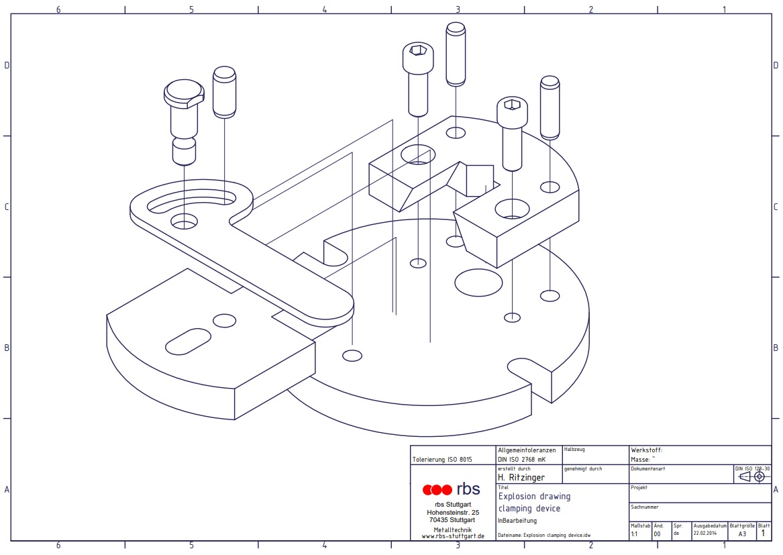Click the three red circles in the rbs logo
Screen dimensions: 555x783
click(437, 489)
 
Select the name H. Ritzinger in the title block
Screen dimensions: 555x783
click(521, 478)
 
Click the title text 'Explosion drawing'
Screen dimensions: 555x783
click(534, 497)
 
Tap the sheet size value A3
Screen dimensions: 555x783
click(742, 534)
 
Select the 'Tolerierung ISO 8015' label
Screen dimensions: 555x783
click(442, 460)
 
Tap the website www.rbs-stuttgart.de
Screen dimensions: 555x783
click(453, 536)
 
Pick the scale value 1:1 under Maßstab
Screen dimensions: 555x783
click(634, 534)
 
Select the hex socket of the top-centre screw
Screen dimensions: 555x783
click(417, 51)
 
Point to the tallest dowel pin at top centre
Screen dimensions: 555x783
click(456, 54)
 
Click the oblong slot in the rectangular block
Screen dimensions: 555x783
click(189, 341)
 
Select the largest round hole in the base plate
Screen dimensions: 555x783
click(478, 282)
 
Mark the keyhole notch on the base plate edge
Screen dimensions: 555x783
click(527, 368)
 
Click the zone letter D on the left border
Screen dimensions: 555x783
click(7, 65)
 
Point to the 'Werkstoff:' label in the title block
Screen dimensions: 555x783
click(646, 450)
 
